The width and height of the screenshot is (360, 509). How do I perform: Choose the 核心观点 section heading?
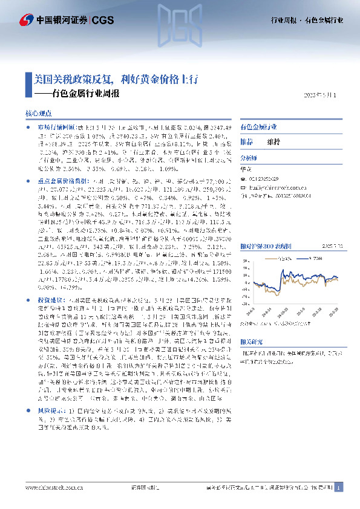tap(39, 113)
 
